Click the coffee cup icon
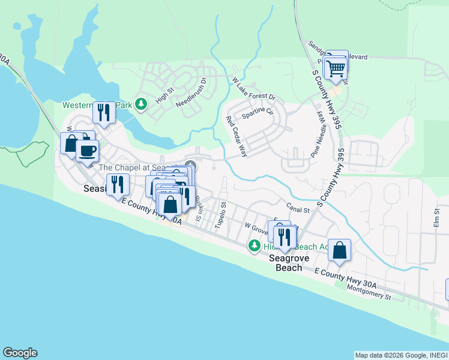click(88, 151)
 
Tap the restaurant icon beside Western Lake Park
click(104, 112)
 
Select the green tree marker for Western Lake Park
click(141, 104)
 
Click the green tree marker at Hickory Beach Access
click(255, 246)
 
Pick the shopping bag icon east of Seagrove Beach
click(340, 250)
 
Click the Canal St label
click(297, 210)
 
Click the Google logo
click(20, 353)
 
